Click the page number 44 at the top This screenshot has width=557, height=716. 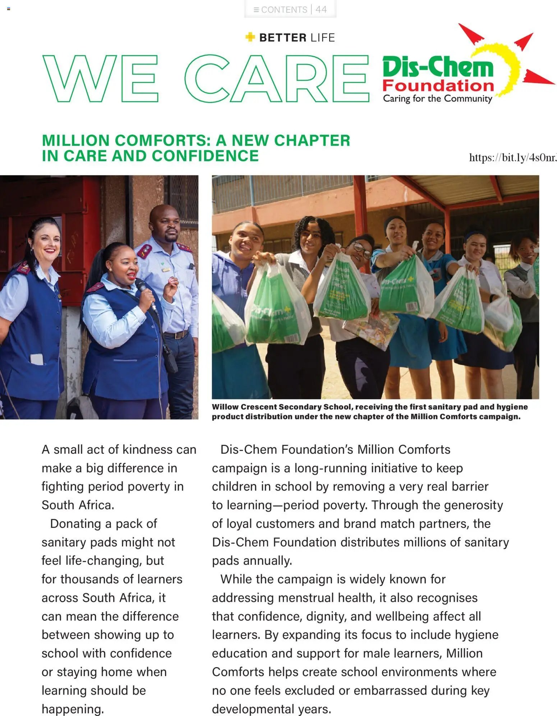321,9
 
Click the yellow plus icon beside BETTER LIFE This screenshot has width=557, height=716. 250,37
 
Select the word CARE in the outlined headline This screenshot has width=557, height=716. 276,79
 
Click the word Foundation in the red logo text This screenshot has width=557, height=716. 438,86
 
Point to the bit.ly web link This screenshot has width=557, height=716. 512,158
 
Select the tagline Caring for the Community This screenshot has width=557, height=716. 437,98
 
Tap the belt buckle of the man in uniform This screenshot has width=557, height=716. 176,335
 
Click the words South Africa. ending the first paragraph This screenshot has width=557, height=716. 78,505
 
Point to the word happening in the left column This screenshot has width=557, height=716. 73,709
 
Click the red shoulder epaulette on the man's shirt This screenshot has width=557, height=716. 144,251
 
